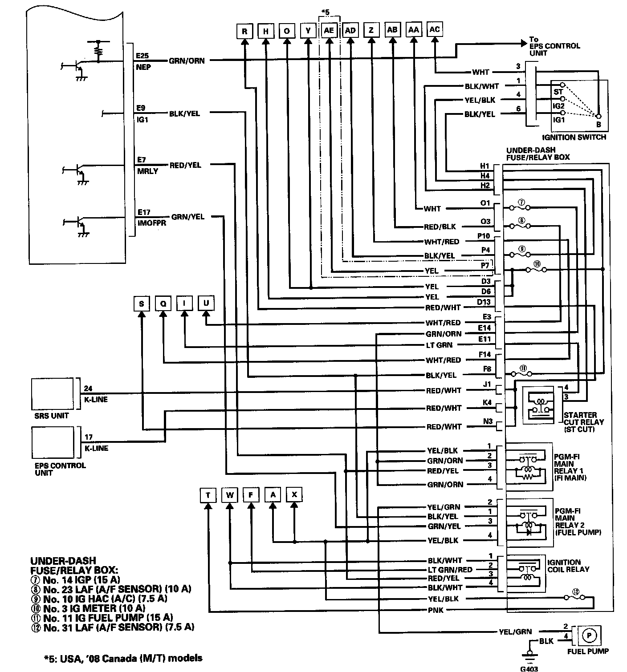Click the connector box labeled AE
[329, 30]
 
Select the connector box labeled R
[244, 31]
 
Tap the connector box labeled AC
[435, 29]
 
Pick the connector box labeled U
[206, 304]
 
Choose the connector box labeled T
[208, 494]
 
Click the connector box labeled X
[294, 494]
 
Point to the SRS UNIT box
[53, 394]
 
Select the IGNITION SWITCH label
[574, 137]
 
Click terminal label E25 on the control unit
[143, 56]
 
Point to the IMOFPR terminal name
[151, 223]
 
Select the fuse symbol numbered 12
[575, 592]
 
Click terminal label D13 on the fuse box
[484, 303]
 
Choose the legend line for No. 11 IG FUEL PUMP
[108, 618]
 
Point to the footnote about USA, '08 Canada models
[123, 658]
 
